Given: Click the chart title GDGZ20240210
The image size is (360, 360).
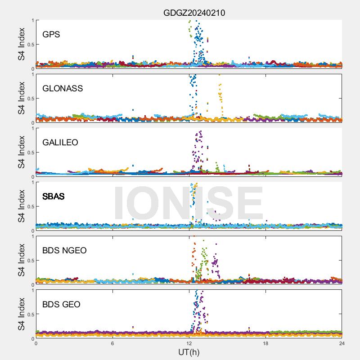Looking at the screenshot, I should coord(194,13).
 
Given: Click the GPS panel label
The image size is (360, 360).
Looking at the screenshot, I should coord(51,34).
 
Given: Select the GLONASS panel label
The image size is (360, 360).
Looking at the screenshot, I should coord(63,88).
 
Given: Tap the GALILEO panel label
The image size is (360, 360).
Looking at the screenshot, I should coord(60,142).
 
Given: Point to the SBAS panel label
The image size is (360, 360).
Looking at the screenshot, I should coord(53,196).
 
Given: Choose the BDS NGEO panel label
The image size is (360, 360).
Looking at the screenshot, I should coord(64,250).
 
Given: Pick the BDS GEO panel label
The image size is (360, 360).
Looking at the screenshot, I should coord(61,304).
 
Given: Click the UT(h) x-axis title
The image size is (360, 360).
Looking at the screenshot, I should coord(189,351).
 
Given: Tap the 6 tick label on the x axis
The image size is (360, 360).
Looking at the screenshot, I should coord(112,343).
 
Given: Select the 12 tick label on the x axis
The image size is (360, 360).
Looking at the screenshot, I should coord(189,343).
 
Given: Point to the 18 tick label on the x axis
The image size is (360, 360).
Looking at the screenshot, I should coord(265,343).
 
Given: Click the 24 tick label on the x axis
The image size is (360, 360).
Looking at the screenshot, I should coord(342,343).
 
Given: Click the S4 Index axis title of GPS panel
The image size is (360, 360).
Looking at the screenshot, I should coord(21,44).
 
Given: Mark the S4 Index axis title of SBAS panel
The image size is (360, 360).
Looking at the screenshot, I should coord(21,206).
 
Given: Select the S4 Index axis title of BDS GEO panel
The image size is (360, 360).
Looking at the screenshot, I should coord(21,314).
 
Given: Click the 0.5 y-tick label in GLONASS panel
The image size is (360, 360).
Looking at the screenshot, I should coord(29,98).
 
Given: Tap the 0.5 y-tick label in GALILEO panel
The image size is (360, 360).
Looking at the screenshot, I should coord(29,152).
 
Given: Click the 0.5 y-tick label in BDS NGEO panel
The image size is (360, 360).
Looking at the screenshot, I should coord(29,260).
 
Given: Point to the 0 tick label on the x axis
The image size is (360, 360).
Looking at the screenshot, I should coord(36,343).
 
